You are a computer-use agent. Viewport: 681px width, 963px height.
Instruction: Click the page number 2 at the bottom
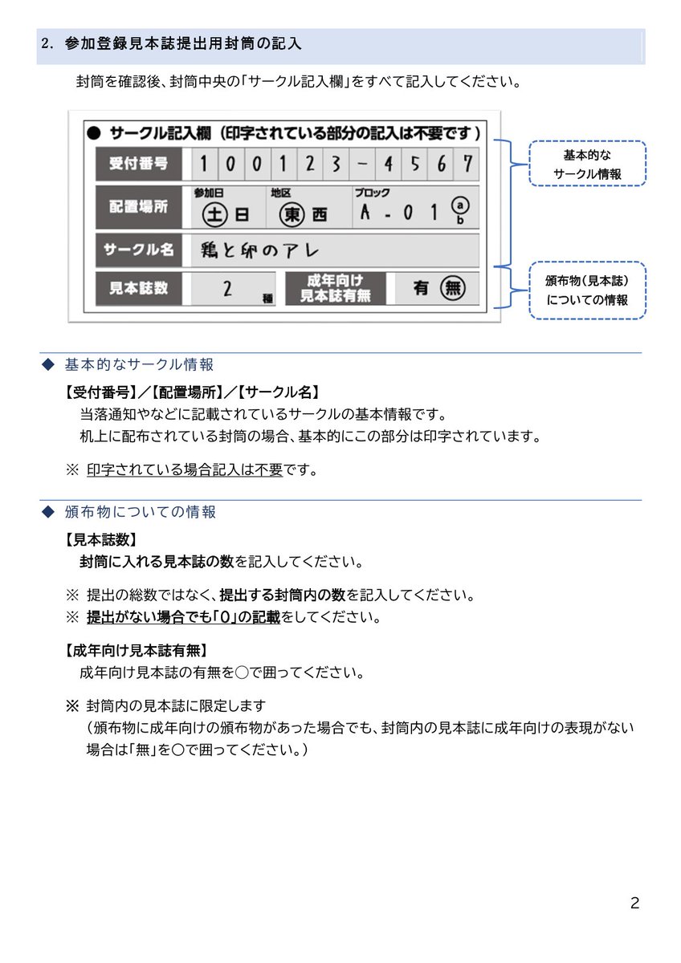634,904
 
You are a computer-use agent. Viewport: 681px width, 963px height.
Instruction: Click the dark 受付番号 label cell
138,164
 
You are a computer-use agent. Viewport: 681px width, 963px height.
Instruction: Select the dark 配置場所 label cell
138,206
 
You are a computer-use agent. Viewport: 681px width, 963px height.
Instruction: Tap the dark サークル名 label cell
138,250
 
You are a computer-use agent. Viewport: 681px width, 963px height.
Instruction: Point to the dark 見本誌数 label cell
138,288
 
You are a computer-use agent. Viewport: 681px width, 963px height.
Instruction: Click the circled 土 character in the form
214,214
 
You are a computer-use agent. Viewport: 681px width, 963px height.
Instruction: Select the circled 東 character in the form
293,214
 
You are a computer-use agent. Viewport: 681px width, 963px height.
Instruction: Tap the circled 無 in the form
454,289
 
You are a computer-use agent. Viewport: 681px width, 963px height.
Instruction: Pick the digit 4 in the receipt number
389,164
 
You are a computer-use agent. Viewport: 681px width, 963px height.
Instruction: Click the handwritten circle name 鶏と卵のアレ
261,250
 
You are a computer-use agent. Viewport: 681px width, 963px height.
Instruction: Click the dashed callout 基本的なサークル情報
587,164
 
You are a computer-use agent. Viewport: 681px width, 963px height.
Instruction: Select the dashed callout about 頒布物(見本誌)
587,291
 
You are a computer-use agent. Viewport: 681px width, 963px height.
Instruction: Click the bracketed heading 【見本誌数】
101,539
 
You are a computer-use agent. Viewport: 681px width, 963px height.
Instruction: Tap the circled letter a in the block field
459,205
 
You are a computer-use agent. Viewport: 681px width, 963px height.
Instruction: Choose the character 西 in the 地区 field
320,215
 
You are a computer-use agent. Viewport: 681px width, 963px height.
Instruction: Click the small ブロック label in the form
372,193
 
